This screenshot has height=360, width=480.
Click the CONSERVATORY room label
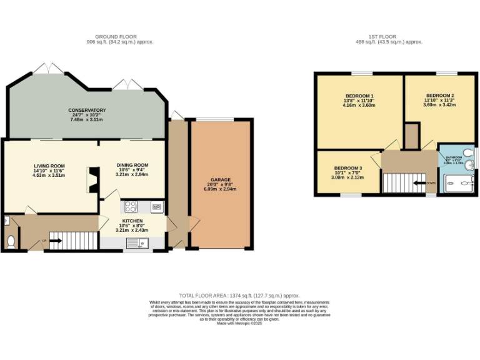click(x=87, y=111)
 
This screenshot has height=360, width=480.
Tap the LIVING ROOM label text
click(x=49, y=166)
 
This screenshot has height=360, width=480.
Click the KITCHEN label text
click(x=132, y=221)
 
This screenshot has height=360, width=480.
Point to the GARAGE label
click(x=221, y=180)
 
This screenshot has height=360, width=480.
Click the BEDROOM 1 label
click(x=359, y=96)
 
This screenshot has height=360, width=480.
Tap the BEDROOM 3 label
click(x=346, y=168)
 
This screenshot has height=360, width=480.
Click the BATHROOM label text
click(x=454, y=157)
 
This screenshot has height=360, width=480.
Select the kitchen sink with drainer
click(x=136, y=242)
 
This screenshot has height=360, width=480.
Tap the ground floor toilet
click(x=9, y=241)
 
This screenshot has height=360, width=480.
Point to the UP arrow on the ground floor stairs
click(x=45, y=240)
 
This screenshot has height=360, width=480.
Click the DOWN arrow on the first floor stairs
click(x=430, y=183)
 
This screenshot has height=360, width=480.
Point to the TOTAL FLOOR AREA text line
click(x=240, y=295)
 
